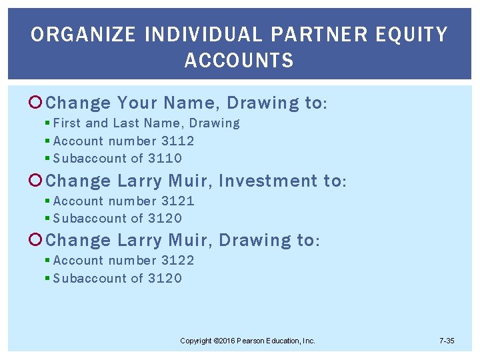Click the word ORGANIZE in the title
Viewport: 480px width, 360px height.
click(x=72, y=34)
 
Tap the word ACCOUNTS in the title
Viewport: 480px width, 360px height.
click(x=239, y=61)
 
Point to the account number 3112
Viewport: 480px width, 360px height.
click(x=178, y=141)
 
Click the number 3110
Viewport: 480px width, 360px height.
click(x=165, y=158)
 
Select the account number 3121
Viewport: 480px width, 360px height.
click(x=178, y=201)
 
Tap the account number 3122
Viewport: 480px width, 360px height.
click(x=178, y=260)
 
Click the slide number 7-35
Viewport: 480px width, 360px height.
click(x=447, y=341)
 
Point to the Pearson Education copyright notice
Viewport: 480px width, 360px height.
click(x=247, y=341)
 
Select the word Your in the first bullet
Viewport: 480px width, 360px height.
click(x=137, y=103)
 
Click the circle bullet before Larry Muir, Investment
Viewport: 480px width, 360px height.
click(x=37, y=181)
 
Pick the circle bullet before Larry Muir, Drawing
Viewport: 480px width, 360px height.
click(x=37, y=240)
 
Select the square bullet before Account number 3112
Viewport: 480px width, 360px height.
click(x=47, y=141)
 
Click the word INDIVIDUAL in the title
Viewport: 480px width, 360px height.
click(x=184, y=34)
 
